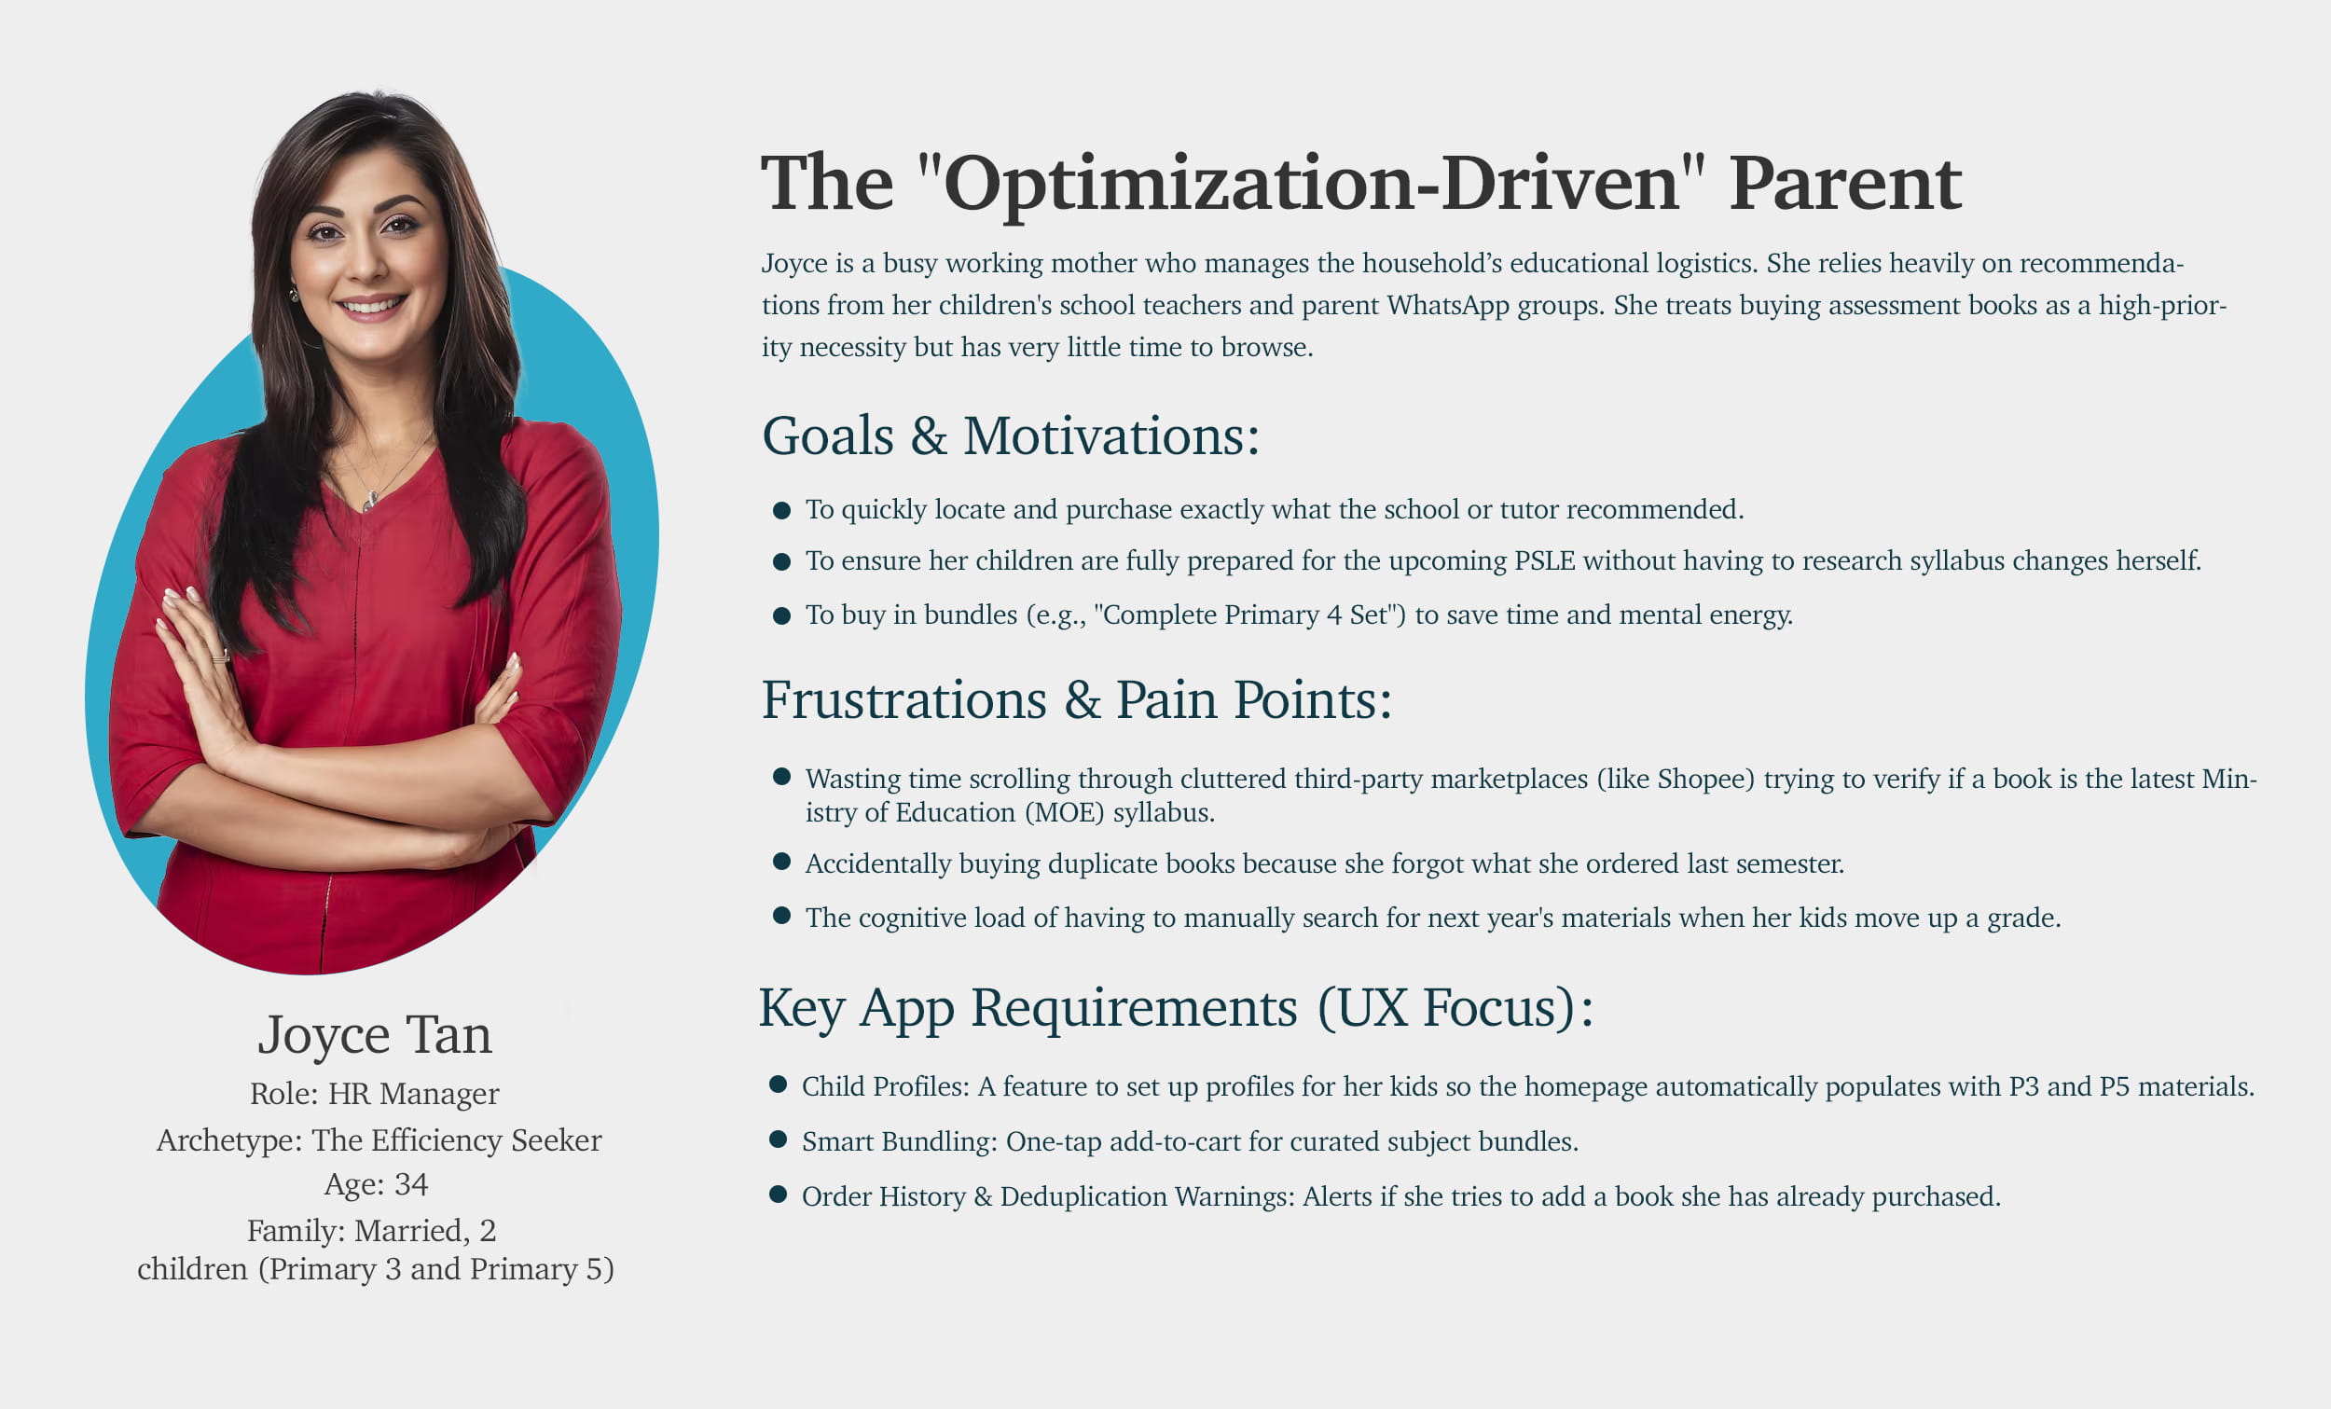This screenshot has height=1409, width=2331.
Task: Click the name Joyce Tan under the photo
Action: pos(375,1034)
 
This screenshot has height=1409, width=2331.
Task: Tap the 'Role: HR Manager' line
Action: pos(375,1094)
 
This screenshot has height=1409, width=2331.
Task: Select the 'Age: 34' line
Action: pos(376,1184)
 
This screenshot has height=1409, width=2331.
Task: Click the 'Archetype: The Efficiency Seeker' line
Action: pos(379,1140)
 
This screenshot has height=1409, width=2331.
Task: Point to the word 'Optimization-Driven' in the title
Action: pos(1311,185)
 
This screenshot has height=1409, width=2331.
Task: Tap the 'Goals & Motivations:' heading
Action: pos(1011,436)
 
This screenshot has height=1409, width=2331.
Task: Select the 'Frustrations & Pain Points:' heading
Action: pos(1077,700)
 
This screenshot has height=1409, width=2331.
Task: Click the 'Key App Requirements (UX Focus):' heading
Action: pos(1176,1008)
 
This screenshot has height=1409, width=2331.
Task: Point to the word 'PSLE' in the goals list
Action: pos(1544,561)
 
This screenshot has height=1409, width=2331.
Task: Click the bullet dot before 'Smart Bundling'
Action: pos(779,1140)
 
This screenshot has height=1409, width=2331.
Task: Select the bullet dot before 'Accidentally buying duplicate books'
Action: pos(781,861)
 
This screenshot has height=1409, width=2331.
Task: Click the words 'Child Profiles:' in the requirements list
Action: pos(886,1087)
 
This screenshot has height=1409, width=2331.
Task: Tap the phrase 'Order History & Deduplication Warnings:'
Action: pos(1048,1197)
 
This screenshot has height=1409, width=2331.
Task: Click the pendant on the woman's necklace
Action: pos(370,500)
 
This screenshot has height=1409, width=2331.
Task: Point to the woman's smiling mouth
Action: pos(372,306)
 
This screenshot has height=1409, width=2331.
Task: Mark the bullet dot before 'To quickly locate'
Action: pos(781,511)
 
